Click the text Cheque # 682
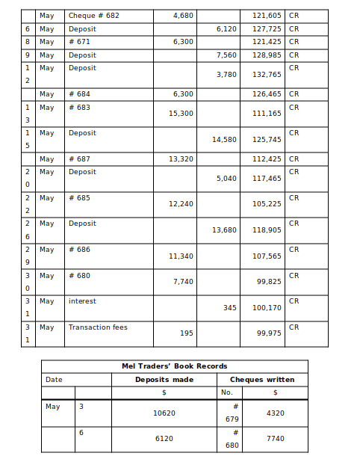(x=93, y=16)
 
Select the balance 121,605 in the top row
(x=267, y=16)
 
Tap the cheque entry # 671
(x=79, y=42)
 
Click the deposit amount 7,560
(x=226, y=55)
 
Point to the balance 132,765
(x=267, y=75)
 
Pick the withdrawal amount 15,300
(x=181, y=114)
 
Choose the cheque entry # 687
(x=79, y=158)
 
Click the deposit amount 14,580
(x=224, y=140)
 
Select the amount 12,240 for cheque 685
(x=181, y=204)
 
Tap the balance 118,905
(x=267, y=230)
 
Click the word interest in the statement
(x=82, y=301)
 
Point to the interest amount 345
(x=229, y=308)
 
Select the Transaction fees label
(x=98, y=327)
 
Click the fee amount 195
(x=186, y=333)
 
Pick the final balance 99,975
(x=269, y=333)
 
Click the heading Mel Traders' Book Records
(x=174, y=366)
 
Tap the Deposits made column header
(x=164, y=380)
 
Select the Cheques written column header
(x=262, y=380)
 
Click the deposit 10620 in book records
(x=164, y=413)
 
